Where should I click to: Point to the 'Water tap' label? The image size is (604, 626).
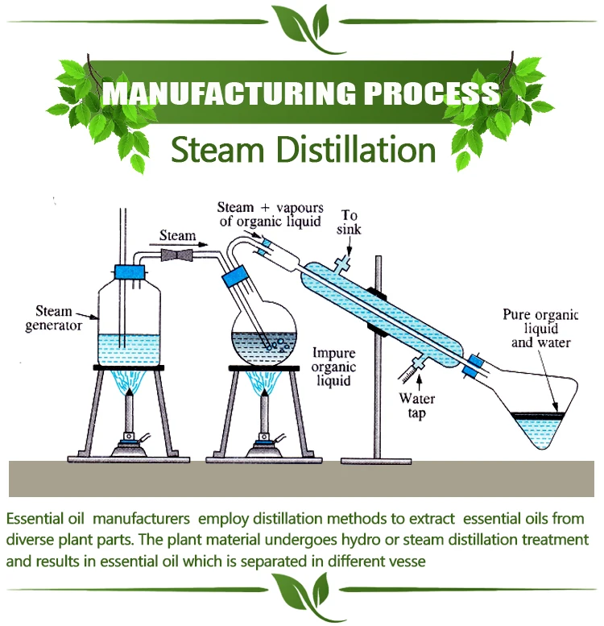[x=416, y=408]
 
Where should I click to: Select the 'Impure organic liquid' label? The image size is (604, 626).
[x=333, y=367]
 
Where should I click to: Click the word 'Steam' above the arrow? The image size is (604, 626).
[x=176, y=236]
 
